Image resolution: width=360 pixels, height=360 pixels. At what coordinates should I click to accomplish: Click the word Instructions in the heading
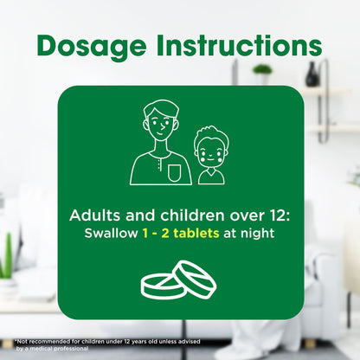(x=240, y=45)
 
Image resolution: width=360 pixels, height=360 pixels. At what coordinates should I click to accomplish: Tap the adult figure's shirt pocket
(x=175, y=173)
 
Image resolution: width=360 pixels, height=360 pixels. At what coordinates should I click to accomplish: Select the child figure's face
(x=210, y=154)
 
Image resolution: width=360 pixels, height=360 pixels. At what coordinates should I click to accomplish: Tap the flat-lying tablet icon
(x=163, y=286)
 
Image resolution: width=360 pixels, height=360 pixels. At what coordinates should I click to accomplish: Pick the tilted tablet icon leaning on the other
(x=195, y=279)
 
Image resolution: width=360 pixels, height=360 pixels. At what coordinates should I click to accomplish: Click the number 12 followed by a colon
(x=279, y=215)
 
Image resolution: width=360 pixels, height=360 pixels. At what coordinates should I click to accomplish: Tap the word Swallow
(x=111, y=233)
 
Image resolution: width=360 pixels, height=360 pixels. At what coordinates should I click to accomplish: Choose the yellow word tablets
(x=196, y=233)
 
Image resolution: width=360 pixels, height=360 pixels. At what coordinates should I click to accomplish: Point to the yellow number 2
(x=165, y=234)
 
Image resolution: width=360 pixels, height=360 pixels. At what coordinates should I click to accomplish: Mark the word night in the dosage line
(x=257, y=233)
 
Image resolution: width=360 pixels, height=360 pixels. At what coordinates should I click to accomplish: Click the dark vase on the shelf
(x=312, y=74)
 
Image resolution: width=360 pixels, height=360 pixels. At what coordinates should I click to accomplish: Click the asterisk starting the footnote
(x=16, y=341)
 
